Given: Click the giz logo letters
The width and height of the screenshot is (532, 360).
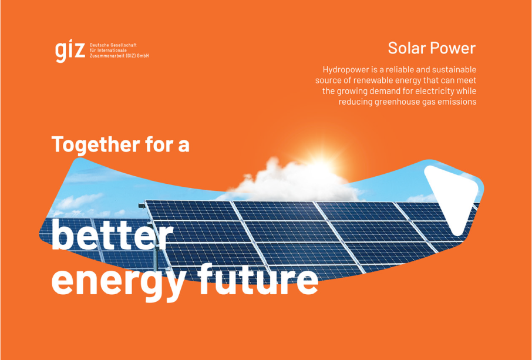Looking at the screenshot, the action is pos(70,52).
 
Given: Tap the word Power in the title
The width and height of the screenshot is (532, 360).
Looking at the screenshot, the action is pos(453,48).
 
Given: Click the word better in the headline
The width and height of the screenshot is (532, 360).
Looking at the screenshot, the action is pos(112,234).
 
